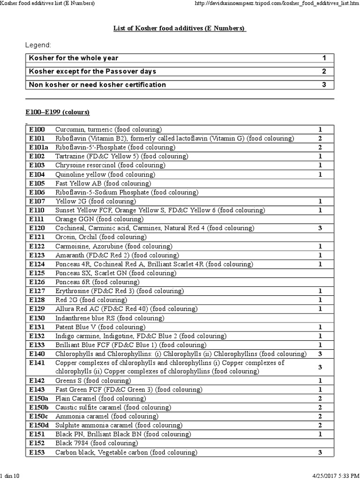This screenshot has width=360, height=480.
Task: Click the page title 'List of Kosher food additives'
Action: (180, 29)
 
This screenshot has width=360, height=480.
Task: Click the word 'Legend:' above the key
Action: (37, 45)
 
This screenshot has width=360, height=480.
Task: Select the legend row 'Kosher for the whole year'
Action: (74, 58)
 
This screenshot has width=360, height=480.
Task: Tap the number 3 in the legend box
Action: (323, 85)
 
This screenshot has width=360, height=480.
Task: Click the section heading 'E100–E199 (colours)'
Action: (58, 112)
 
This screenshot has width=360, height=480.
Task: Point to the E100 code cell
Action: (37, 129)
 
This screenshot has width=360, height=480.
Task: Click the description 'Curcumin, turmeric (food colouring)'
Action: (108, 129)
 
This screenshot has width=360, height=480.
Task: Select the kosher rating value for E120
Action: (320, 228)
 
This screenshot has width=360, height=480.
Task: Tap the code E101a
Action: (39, 147)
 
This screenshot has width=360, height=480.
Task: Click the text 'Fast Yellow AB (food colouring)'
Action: (103, 183)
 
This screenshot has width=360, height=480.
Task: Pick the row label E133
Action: (37, 345)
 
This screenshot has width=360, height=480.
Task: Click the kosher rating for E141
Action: (320, 367)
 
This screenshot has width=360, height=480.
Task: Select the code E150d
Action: (39, 426)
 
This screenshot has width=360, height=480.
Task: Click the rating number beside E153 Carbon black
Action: (320, 453)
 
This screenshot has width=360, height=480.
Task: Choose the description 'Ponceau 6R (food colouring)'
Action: (97, 282)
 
